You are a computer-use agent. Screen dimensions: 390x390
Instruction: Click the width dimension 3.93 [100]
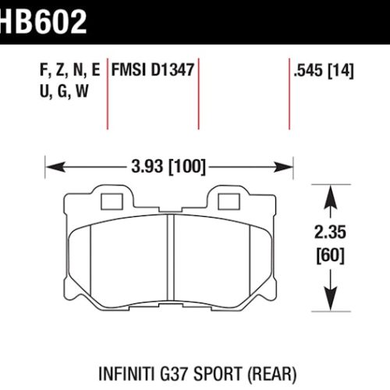[170, 165]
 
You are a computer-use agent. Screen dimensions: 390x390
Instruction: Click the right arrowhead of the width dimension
[286, 165]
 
